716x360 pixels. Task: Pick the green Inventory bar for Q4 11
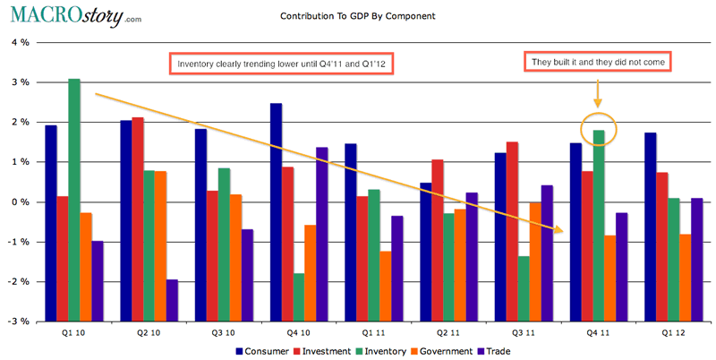pos(599,166)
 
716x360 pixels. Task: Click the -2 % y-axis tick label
pos(17,281)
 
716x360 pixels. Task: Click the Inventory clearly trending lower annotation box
pos(285,64)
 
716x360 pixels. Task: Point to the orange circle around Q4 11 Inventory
pos(598,130)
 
